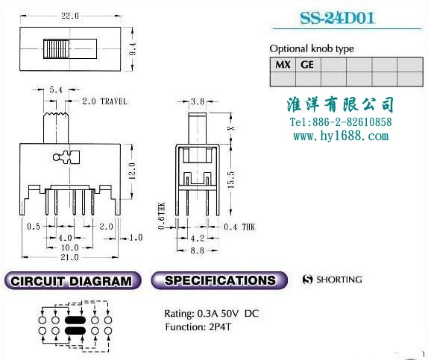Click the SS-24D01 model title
(337, 18)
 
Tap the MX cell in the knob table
(283, 65)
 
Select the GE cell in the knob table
(308, 65)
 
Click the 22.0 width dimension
(70, 16)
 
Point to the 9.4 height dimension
(133, 49)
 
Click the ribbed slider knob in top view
(56, 49)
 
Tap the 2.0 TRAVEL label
(104, 101)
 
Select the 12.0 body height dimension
(132, 171)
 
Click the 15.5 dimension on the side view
(230, 180)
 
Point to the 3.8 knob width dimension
(198, 102)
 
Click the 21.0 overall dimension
(70, 257)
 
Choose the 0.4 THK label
(239, 227)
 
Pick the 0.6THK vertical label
(162, 215)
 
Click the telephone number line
(341, 122)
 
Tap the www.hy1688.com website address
(341, 136)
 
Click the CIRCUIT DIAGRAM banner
(72, 280)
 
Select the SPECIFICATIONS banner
(219, 280)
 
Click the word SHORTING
(339, 280)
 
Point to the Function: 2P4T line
(198, 326)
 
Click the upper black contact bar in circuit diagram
(75, 320)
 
